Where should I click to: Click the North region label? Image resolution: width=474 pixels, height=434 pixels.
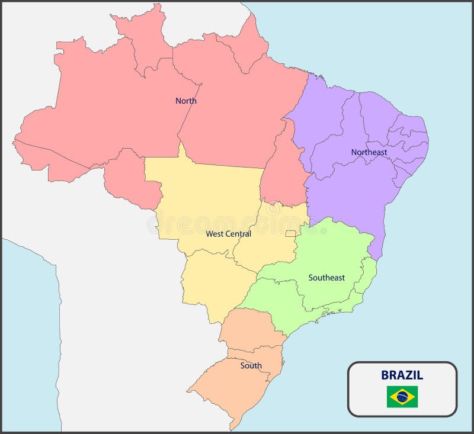[x=185, y=101]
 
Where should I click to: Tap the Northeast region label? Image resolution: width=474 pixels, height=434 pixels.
[x=369, y=152]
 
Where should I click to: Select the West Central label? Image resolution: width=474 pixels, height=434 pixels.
[x=228, y=234]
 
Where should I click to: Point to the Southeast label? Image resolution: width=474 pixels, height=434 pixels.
[x=326, y=278]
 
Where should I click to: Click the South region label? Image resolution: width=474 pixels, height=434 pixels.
[x=251, y=366]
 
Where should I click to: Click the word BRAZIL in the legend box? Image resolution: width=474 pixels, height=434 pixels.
[x=402, y=375]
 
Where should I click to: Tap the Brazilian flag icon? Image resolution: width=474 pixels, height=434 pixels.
[x=402, y=397]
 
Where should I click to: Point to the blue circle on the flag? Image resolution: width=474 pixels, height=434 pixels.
[x=402, y=397]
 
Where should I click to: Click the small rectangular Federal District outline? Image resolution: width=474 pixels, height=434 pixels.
[x=290, y=234]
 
